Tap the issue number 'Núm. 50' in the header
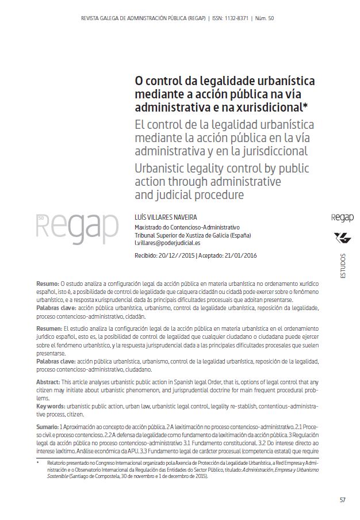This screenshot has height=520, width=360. coord(263,18)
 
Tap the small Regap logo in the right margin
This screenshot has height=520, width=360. coord(342,217)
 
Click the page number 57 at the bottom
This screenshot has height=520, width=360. coord(342,499)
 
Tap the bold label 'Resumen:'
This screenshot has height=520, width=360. coord(49,327)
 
